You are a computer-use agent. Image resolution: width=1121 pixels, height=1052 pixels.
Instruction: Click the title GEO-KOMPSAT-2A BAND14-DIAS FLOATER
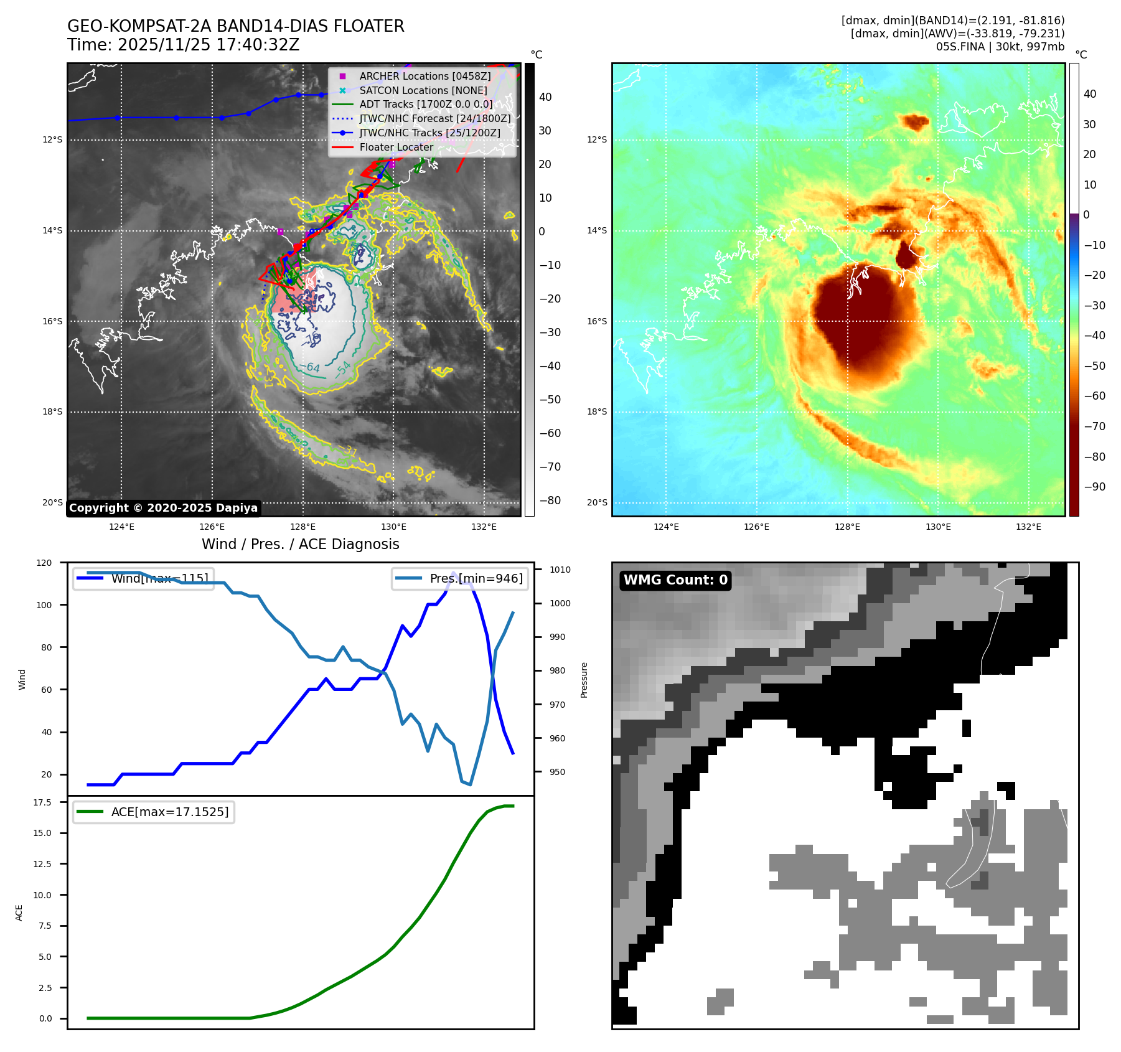point(235,26)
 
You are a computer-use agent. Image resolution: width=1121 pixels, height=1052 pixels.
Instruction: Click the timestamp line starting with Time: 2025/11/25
point(183,45)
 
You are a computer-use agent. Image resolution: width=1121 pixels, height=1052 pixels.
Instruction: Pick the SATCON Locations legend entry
point(423,90)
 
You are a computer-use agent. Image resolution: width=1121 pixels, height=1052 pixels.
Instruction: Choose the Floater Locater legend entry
point(396,147)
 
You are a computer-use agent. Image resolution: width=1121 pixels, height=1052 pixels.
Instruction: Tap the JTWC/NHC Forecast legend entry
point(434,118)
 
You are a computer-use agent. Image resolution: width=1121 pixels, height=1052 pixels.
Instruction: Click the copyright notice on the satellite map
point(163,508)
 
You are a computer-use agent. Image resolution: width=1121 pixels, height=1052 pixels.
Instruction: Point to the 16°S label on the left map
point(52,321)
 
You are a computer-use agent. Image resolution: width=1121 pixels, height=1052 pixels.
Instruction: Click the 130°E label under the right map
point(938,527)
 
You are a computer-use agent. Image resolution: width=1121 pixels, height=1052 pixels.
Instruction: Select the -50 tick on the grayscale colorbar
point(550,400)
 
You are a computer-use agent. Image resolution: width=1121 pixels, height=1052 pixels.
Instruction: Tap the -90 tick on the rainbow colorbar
point(1094,487)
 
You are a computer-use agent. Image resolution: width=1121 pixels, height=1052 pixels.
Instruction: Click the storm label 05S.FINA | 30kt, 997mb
point(1000,47)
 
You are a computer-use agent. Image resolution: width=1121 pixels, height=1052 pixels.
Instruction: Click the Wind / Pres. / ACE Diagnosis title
point(300,544)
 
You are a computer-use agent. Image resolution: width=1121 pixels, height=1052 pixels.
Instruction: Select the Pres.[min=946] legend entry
point(476,578)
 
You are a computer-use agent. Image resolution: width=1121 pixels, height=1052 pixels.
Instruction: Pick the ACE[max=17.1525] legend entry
point(169,812)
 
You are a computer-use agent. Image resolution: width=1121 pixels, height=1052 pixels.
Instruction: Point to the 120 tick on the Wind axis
point(44,563)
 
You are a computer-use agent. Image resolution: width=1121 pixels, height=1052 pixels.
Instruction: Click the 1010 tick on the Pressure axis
point(560,570)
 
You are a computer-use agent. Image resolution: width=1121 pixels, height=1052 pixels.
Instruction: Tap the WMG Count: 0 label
point(675,580)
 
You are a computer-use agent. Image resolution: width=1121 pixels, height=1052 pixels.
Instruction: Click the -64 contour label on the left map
point(312,368)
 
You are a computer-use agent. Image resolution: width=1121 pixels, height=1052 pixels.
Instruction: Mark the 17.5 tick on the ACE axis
point(42,802)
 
